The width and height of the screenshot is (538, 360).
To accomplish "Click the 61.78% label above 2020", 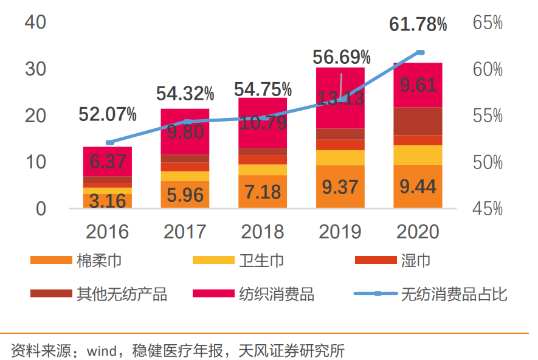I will tap(418, 25).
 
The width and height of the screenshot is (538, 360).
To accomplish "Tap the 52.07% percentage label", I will tap(108, 114).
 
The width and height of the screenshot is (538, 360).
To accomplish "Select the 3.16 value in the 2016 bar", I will tap(108, 200).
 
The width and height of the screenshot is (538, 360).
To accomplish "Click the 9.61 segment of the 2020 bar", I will tap(418, 85).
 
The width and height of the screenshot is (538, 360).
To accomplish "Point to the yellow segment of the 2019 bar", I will tap(340, 157).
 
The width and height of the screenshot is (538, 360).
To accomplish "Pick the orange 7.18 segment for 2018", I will tap(263, 192).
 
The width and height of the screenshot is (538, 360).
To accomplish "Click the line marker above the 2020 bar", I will tap(419, 52).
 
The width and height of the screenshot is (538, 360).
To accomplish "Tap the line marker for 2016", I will tap(109, 143).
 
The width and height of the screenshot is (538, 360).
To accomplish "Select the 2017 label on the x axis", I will tap(185, 232).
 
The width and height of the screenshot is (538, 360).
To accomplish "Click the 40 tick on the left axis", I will tap(36, 22).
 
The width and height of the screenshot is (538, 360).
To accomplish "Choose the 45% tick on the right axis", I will tap(488, 209).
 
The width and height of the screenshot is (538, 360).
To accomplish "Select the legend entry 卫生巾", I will tap(261, 261).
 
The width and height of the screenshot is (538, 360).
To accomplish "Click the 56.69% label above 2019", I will tap(341, 58).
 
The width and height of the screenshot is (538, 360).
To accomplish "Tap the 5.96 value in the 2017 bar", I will tap(185, 195).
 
